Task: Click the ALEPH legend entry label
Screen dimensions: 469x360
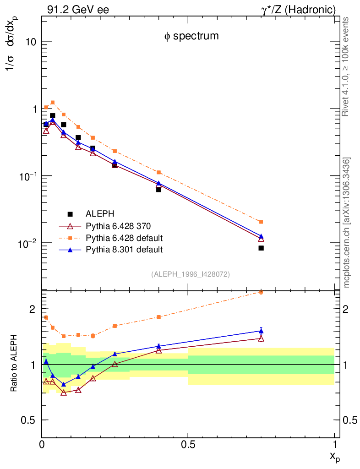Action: (x=100, y=214)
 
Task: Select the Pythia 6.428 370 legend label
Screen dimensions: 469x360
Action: (x=118, y=226)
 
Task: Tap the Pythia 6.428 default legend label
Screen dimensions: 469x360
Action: (x=124, y=238)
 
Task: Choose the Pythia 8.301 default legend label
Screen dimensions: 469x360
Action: (x=124, y=250)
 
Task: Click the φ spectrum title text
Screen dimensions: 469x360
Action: (x=191, y=36)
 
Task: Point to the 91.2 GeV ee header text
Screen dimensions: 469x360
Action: (x=78, y=10)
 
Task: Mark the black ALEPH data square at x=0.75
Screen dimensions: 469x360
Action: (x=261, y=248)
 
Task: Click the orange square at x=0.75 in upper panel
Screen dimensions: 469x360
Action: (x=261, y=222)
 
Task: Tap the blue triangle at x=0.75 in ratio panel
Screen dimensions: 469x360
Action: (x=261, y=331)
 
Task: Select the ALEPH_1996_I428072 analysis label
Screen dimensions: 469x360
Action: (x=190, y=274)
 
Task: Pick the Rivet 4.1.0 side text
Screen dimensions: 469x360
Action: (x=347, y=66)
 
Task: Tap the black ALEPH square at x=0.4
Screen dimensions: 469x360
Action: (x=158, y=189)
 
